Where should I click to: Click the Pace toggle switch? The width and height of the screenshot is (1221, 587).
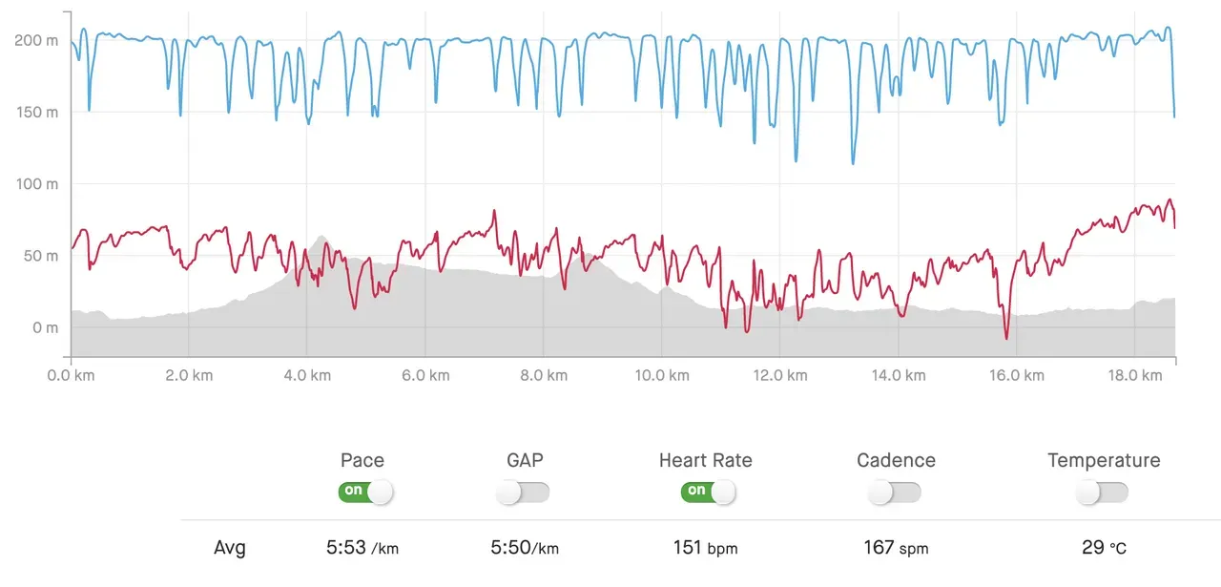tap(364, 492)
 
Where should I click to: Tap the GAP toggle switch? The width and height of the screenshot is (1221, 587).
tap(524, 492)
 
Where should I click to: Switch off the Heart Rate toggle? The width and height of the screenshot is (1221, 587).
tap(708, 492)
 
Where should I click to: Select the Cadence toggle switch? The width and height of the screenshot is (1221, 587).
tap(895, 492)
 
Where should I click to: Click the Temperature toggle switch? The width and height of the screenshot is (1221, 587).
tap(1102, 492)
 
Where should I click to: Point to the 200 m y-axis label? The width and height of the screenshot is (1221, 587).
tap(37, 40)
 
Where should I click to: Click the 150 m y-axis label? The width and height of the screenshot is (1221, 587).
tap(37, 112)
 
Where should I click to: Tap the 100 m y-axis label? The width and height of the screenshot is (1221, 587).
tap(37, 183)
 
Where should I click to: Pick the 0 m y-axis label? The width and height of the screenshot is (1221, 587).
tap(46, 327)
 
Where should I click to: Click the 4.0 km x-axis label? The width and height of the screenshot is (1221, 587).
tap(308, 375)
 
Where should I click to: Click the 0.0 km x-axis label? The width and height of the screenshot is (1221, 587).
tap(72, 375)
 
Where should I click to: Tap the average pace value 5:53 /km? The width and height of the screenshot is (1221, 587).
tap(362, 548)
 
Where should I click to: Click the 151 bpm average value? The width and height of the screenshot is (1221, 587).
tap(706, 548)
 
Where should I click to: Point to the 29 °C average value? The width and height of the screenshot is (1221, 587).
tap(1105, 548)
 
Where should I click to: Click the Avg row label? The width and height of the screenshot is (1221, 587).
tap(229, 548)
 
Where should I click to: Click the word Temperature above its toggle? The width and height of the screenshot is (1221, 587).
tap(1104, 460)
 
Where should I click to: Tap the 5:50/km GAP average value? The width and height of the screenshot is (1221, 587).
tap(525, 548)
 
